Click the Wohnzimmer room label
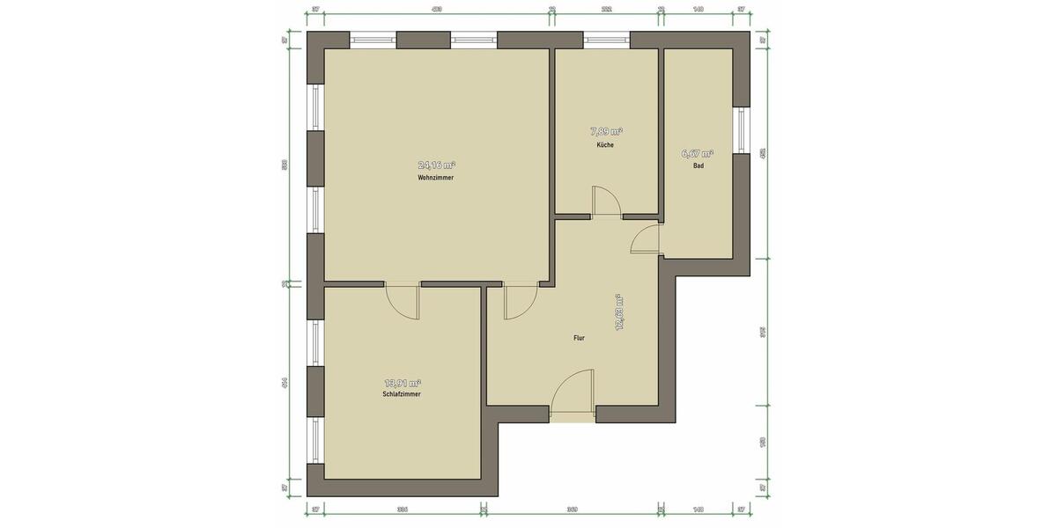(436, 178)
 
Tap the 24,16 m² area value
(436, 165)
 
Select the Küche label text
(605, 144)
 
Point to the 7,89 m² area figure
(605, 131)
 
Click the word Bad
(698, 165)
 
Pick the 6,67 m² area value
(698, 152)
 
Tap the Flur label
(579, 337)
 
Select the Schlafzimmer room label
(402, 394)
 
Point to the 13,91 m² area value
(402, 382)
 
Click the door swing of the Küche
(607, 202)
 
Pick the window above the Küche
(606, 40)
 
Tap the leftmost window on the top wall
(373, 40)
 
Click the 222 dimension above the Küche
(606, 9)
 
